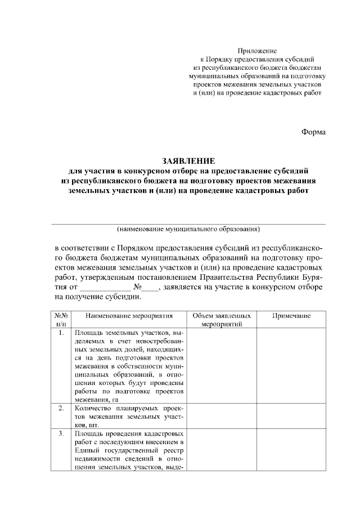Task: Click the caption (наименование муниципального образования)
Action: (188, 229)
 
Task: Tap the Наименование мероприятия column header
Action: (129, 316)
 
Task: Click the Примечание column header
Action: (291, 316)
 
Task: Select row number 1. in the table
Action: (61, 333)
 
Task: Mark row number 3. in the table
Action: (61, 434)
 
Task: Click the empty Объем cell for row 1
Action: (222, 365)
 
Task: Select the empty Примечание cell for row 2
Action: (291, 416)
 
